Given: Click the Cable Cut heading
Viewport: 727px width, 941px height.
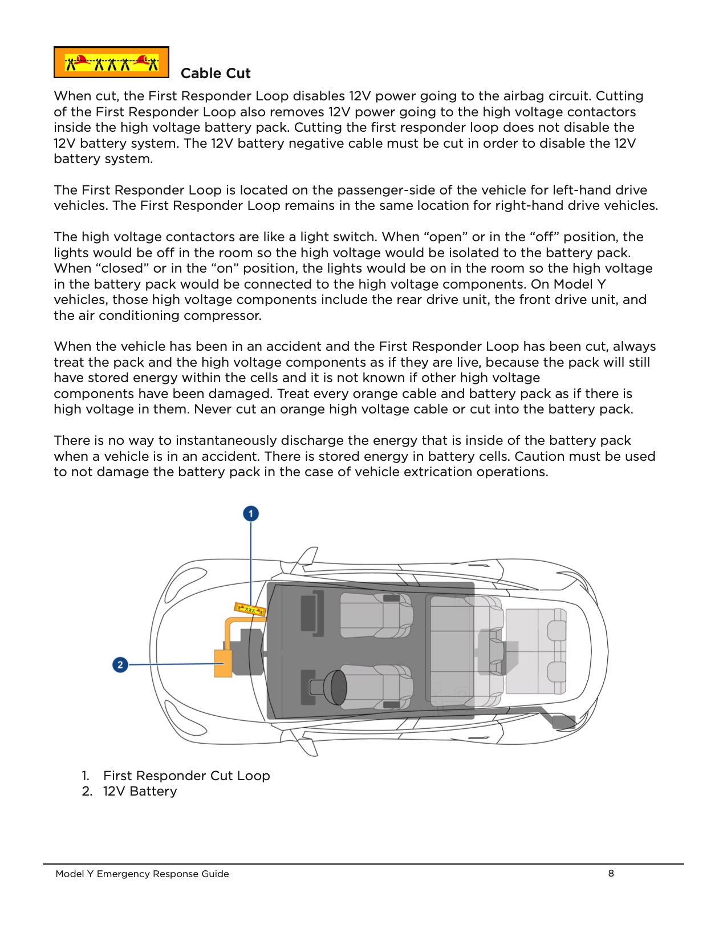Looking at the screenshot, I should pyautogui.click(x=215, y=74).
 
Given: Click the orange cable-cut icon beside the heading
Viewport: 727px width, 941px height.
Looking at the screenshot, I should pyautogui.click(x=111, y=63).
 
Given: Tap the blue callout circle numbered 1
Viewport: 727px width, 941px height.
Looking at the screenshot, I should pyautogui.click(x=251, y=514).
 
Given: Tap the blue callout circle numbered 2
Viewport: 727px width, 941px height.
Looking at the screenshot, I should pyautogui.click(x=120, y=664).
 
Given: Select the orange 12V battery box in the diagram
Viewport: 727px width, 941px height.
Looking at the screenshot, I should pyautogui.click(x=222, y=663).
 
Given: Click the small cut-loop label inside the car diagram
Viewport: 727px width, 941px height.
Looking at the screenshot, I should pyautogui.click(x=250, y=609).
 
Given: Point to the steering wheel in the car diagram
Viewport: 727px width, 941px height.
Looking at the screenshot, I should pyautogui.click(x=336, y=687).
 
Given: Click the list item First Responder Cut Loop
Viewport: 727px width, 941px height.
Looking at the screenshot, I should pyautogui.click(x=186, y=776).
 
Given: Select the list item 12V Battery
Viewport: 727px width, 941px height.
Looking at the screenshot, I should pyautogui.click(x=140, y=792).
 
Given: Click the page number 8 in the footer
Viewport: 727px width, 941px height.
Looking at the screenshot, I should pyautogui.click(x=611, y=873).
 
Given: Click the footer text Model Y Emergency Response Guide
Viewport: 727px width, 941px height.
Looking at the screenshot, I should pyautogui.click(x=142, y=874).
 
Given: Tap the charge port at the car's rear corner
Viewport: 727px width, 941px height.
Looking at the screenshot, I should pyautogui.click(x=564, y=722).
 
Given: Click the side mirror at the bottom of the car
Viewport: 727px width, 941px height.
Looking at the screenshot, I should pyautogui.click(x=308, y=744).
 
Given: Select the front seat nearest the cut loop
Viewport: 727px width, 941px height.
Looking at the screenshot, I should pyautogui.click(x=376, y=616).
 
